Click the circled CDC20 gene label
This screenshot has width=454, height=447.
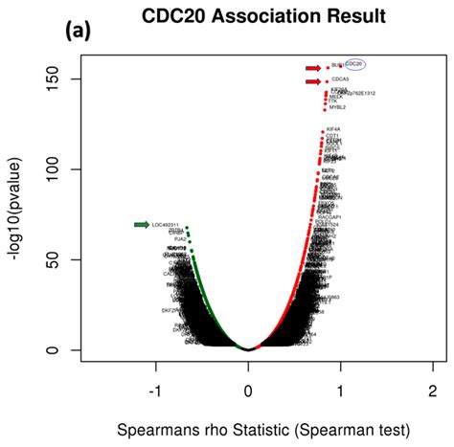(x=355, y=64)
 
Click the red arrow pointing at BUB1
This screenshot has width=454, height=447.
(x=312, y=68)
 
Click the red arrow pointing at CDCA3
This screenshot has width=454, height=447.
(x=312, y=81)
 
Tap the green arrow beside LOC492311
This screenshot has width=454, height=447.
(x=142, y=225)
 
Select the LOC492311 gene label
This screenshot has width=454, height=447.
(x=166, y=225)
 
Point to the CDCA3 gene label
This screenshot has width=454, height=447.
(x=340, y=79)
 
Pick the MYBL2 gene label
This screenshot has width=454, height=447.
(x=337, y=107)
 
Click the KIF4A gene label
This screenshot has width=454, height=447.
(x=333, y=128)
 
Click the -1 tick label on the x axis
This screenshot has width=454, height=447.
(x=155, y=390)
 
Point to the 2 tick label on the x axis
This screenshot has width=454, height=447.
(x=432, y=390)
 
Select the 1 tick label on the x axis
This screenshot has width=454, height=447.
(x=340, y=390)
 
